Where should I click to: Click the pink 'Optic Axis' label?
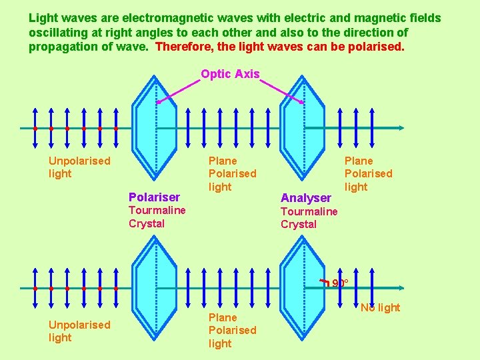click(230, 74)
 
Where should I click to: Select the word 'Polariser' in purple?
click(154, 197)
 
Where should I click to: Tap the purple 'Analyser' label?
click(305, 197)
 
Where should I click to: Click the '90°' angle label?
click(339, 283)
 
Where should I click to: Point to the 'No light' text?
click(380, 307)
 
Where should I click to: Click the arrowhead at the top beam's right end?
click(400, 128)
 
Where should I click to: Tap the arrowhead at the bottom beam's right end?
click(400, 288)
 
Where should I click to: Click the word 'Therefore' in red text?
click(183, 47)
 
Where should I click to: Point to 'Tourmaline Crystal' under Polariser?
click(157, 217)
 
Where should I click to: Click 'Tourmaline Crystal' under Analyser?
click(309, 217)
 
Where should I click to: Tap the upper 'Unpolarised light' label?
click(79, 167)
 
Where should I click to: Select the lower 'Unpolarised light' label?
click(79, 331)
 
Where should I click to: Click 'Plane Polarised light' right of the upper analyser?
click(368, 173)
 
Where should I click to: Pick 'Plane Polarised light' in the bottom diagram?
click(232, 330)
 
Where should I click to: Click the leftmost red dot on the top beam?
click(35, 128)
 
